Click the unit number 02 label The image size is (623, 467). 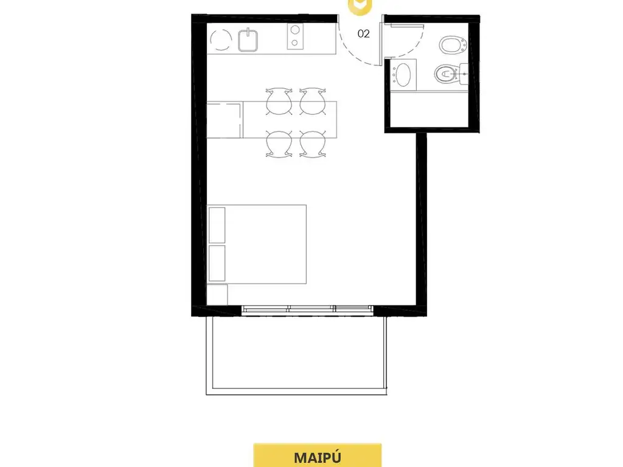pyautogui.click(x=364, y=34)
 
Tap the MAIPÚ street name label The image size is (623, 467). pyautogui.click(x=318, y=457)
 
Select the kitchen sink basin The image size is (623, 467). pyautogui.click(x=248, y=41)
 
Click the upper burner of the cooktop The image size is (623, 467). pyautogui.click(x=295, y=30)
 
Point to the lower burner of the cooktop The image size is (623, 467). pyautogui.click(x=295, y=43)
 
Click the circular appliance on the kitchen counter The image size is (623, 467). pyautogui.click(x=221, y=40)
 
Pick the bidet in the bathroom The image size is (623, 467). pyautogui.click(x=453, y=44)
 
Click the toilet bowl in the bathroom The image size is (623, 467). pyautogui.click(x=446, y=74)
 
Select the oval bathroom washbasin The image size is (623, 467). pyautogui.click(x=403, y=75)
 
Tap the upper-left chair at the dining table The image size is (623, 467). pyautogui.click(x=279, y=102)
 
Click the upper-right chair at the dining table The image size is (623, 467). pyautogui.click(x=313, y=102)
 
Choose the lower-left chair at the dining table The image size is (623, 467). pyautogui.click(x=279, y=144)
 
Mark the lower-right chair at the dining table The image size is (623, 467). pyautogui.click(x=313, y=144)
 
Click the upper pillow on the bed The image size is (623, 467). pyautogui.click(x=217, y=225)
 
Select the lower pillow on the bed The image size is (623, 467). pyautogui.click(x=217, y=263)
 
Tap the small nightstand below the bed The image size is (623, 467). pyautogui.click(x=217, y=294)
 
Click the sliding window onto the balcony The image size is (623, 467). pyautogui.click(x=307, y=310)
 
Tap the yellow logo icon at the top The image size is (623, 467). pyautogui.click(x=360, y=6)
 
